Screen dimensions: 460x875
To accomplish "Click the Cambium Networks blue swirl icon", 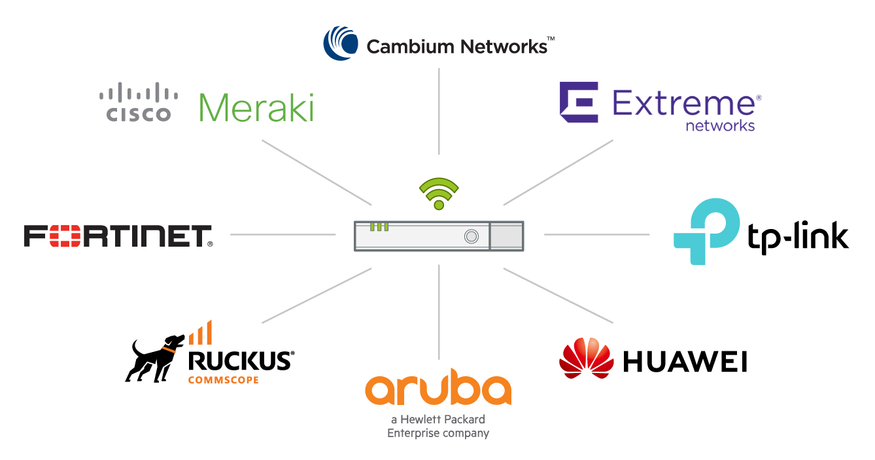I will click(341, 43).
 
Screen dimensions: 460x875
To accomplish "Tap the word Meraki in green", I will click(256, 108).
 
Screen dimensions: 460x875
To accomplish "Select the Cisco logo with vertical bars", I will click(139, 102).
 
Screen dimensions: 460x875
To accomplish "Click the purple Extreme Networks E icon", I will click(579, 103).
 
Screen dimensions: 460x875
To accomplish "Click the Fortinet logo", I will click(118, 236).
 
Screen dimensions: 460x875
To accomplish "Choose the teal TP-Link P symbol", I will click(707, 231).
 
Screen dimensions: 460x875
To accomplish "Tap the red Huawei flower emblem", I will click(587, 357).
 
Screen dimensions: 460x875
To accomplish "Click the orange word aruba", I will click(438, 390).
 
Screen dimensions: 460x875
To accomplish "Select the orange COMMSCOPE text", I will click(223, 380).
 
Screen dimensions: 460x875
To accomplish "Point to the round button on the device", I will click(471, 236).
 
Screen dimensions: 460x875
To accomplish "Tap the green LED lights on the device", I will click(379, 227).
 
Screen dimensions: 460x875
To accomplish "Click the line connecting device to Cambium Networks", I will click(439, 111).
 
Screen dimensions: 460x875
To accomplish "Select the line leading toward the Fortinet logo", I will click(283, 234).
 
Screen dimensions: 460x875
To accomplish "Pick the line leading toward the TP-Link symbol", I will click(596, 234).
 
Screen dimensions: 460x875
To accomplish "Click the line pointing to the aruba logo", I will click(439, 311).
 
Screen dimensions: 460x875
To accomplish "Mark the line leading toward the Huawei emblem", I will click(558, 295).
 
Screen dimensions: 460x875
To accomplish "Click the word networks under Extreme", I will click(720, 126).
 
